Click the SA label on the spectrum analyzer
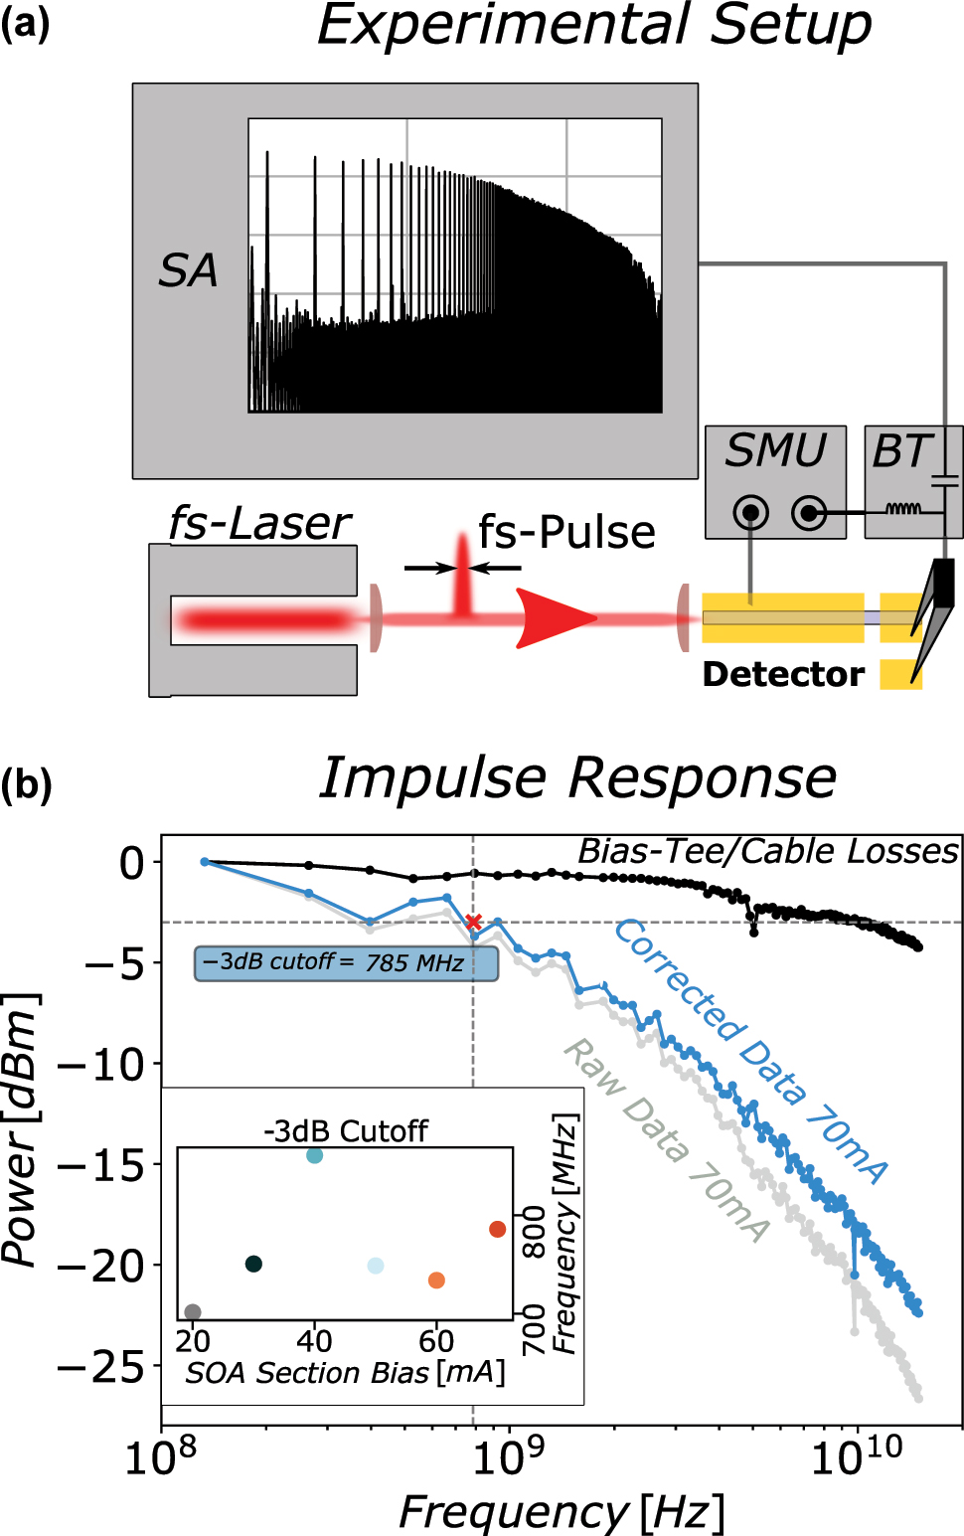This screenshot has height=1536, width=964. pyautogui.click(x=188, y=270)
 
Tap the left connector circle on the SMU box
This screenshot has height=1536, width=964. pyautogui.click(x=750, y=513)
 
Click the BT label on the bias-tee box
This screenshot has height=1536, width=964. pyautogui.click(x=899, y=452)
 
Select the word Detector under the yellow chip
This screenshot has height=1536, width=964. pyautogui.click(x=783, y=674)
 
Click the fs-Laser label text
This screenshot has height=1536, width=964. pyautogui.click(x=259, y=523)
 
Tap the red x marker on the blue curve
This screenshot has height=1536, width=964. pyautogui.click(x=474, y=923)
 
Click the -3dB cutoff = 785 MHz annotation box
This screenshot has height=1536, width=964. pyautogui.click(x=346, y=962)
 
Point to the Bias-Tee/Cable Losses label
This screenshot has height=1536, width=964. pyautogui.click(x=767, y=851)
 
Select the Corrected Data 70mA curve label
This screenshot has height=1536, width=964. pyautogui.click(x=750, y=1050)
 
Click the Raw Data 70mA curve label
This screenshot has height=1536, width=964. pyautogui.click(x=667, y=1139)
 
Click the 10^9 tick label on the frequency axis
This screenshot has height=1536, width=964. pyautogui.click(x=509, y=1458)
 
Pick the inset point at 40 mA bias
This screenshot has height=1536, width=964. pyautogui.click(x=314, y=1155)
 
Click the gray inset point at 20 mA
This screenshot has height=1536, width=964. pyautogui.click(x=193, y=1312)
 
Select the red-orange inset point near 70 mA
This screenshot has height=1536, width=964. pyautogui.click(x=498, y=1230)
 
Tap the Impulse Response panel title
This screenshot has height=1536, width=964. pyautogui.click(x=577, y=777)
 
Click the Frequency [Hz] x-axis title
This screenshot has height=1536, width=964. pyautogui.click(x=562, y=1512)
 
